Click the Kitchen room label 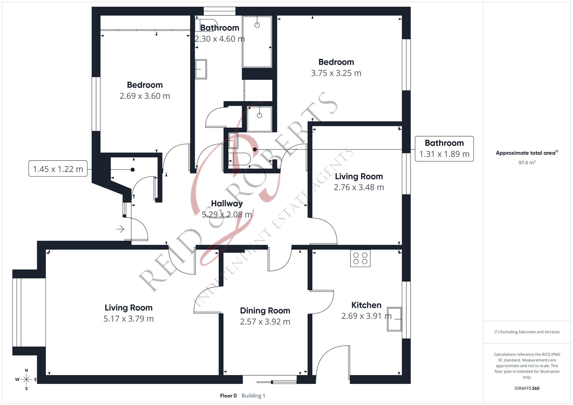click(x=366, y=305)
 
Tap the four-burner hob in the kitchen click(x=360, y=258)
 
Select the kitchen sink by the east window click(x=394, y=319)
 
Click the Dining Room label click(x=265, y=310)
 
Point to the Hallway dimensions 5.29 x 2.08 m click(x=227, y=214)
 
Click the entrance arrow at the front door click(x=120, y=229)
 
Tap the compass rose click(x=26, y=379)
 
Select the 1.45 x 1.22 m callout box click(x=58, y=169)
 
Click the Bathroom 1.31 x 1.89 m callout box click(x=444, y=149)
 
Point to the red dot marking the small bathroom click(x=255, y=149)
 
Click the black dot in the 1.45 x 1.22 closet click(x=132, y=169)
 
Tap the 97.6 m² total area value click(x=526, y=162)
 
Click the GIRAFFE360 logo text click(x=526, y=388)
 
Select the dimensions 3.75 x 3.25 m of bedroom click(x=336, y=73)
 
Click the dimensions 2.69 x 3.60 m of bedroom click(x=144, y=96)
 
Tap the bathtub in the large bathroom click(x=257, y=42)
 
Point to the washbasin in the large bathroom click(x=201, y=69)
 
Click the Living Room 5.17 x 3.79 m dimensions click(x=128, y=319)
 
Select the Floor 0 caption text click(x=228, y=396)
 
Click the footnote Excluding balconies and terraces click(x=526, y=332)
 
